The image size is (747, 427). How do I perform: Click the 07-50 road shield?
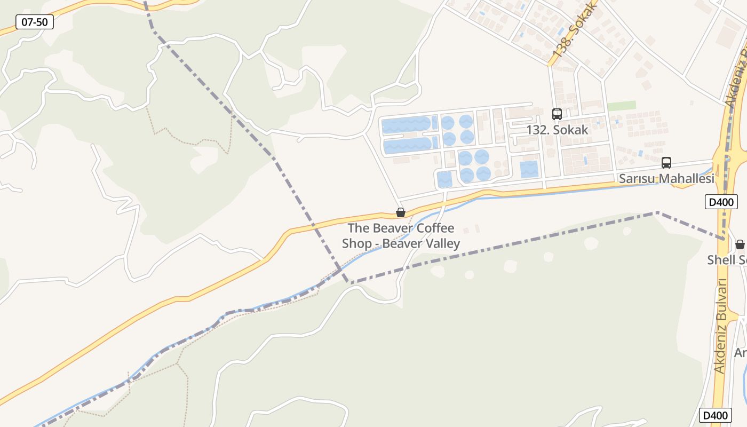(35, 22)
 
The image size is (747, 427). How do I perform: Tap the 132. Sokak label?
(557, 130)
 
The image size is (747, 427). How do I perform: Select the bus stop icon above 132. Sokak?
(557, 114)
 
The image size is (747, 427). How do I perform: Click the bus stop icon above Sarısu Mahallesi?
(666, 163)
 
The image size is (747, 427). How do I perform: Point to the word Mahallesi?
(688, 179)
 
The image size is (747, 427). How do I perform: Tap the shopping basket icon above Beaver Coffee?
(401, 212)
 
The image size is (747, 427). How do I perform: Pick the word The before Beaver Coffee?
(357, 228)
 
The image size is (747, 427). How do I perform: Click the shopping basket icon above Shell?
(740, 244)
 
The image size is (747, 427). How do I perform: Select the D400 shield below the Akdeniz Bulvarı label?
(715, 415)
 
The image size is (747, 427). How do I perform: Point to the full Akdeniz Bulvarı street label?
(721, 326)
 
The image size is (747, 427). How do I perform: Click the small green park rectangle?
(622, 106)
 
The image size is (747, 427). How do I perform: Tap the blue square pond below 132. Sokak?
(529, 169)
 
